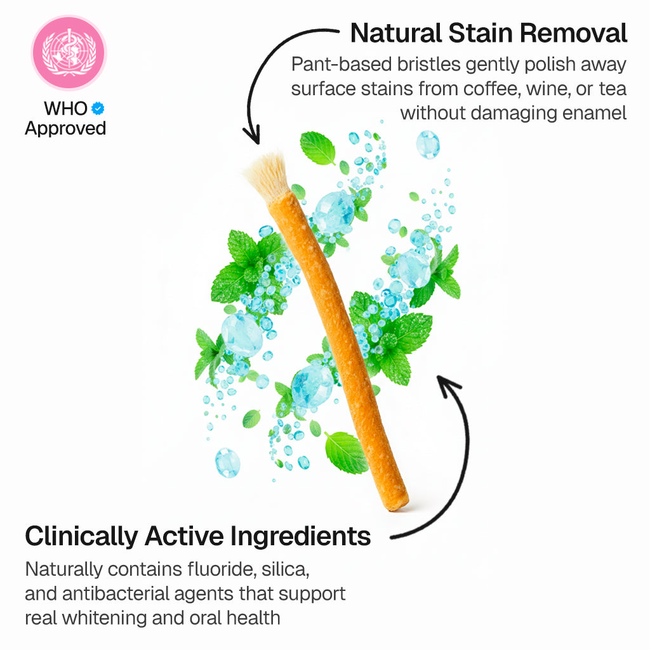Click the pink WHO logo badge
[69, 53]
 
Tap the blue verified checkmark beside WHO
[97, 109]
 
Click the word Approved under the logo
[65, 128]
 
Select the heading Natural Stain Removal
[489, 33]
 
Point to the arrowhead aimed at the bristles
[253, 135]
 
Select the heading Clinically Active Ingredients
[197, 536]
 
